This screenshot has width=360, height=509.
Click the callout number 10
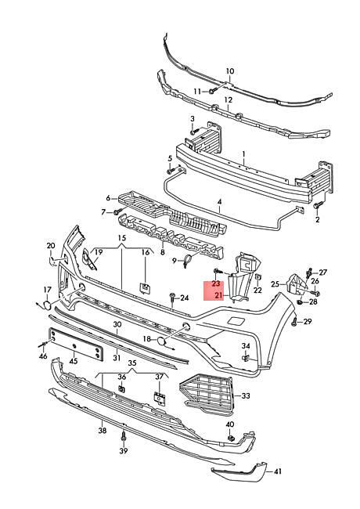[230, 71]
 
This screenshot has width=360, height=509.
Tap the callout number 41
[278, 471]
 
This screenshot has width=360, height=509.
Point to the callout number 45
[73, 361]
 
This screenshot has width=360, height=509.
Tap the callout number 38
[102, 431]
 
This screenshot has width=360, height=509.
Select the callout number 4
[220, 201]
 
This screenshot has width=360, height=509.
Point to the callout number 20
[51, 246]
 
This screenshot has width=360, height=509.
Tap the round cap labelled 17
[47, 305]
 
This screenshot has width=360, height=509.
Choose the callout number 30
[117, 324]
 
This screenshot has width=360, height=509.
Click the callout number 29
[307, 322]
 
